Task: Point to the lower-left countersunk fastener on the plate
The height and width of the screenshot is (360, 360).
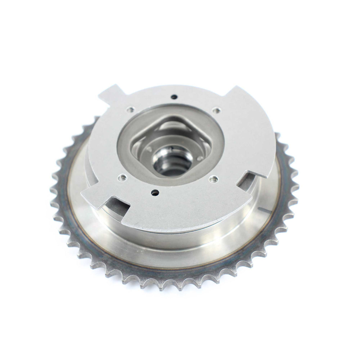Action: tap(121, 178)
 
